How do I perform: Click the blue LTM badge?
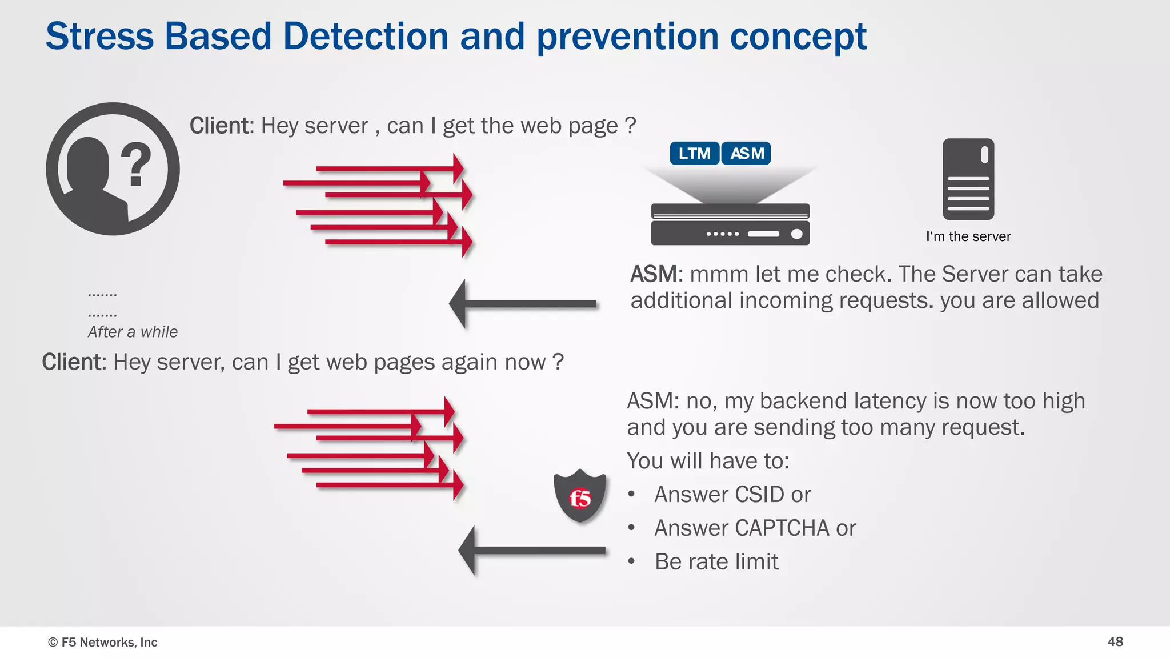coord(694,154)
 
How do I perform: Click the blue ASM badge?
coord(746,154)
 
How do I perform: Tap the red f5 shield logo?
coord(580,496)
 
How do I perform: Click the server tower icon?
coord(968,179)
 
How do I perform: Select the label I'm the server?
coord(968,236)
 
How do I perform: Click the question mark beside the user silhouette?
coord(136,165)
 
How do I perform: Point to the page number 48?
coord(1115,641)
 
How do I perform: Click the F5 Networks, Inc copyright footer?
coord(103,642)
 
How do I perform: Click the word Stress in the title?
coord(99,37)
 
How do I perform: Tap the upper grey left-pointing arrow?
coord(523,304)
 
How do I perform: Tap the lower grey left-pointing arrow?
coord(531,551)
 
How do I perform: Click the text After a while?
coord(133,332)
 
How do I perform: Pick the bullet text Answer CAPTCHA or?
coord(755,528)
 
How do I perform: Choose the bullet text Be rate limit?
coord(716,562)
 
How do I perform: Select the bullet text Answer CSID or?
coord(732,495)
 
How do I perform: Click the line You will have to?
coord(708,461)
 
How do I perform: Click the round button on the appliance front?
coord(796,234)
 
